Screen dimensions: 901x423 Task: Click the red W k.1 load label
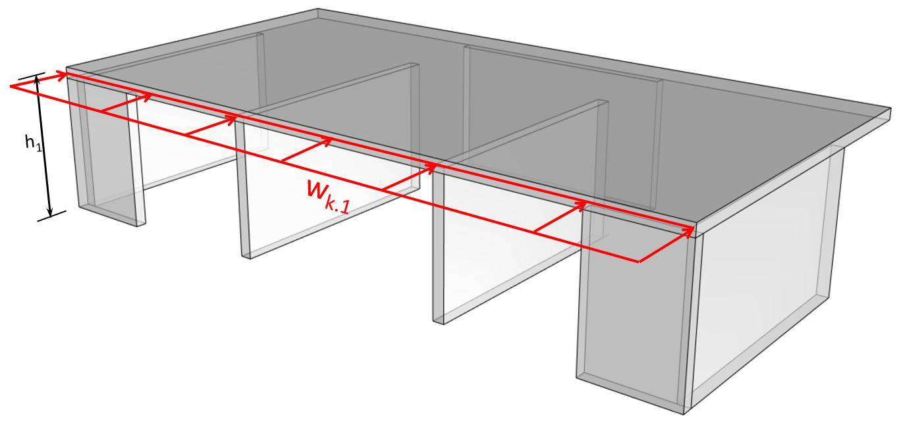coord(327,195)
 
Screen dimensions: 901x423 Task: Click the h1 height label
coord(33,143)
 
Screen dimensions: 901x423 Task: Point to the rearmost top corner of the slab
coord(318,10)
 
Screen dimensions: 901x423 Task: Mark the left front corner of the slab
coord(67,68)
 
